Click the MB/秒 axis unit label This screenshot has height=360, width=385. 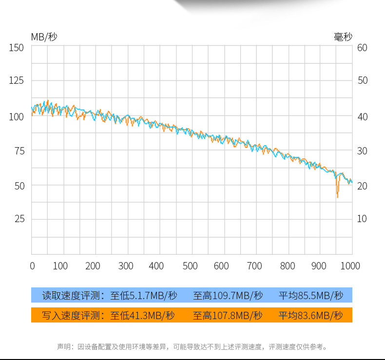pyautogui.click(x=44, y=37)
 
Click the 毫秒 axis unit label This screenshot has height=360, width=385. pyautogui.click(x=343, y=37)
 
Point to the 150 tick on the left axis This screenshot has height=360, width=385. pyautogui.click(x=17, y=48)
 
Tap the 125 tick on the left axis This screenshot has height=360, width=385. pyautogui.click(x=17, y=80)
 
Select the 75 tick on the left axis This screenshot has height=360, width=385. pyautogui.click(x=18, y=151)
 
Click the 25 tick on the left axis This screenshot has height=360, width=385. pyautogui.click(x=18, y=219)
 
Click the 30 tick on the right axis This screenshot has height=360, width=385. pyautogui.click(x=362, y=151)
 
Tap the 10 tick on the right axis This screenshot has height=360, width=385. pyautogui.click(x=362, y=219)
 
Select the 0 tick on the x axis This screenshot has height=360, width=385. pyautogui.click(x=32, y=266)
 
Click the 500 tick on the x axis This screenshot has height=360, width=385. pyautogui.click(x=190, y=266)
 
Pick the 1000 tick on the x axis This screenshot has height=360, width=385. pyautogui.click(x=350, y=266)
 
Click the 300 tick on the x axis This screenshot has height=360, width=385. pyautogui.click(x=126, y=266)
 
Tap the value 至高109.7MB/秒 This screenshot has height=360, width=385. pyautogui.click(x=228, y=295)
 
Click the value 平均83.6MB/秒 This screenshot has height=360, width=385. pyautogui.click(x=310, y=316)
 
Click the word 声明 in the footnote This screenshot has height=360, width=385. pyautogui.click(x=64, y=347)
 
